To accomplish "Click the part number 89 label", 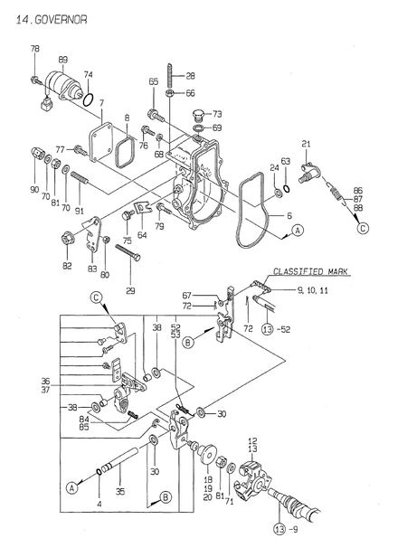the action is pos(63,60).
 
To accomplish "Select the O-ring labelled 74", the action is pos(89,99).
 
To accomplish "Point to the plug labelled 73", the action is pos(197,116).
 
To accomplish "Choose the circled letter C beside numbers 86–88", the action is pos(363,228).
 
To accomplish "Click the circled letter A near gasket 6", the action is pos(298,231).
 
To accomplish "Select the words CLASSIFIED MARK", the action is pos(310,272).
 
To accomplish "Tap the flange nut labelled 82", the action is pos(68,239).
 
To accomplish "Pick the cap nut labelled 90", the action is pos(35,154).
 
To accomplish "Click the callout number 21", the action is pos(306,144).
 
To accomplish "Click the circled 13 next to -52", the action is pos(268,329).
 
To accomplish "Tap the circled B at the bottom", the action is pos(166,497).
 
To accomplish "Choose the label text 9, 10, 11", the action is pos(312,290).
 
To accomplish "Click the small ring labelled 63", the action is pos(286,187).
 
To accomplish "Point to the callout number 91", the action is pos(80,211).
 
